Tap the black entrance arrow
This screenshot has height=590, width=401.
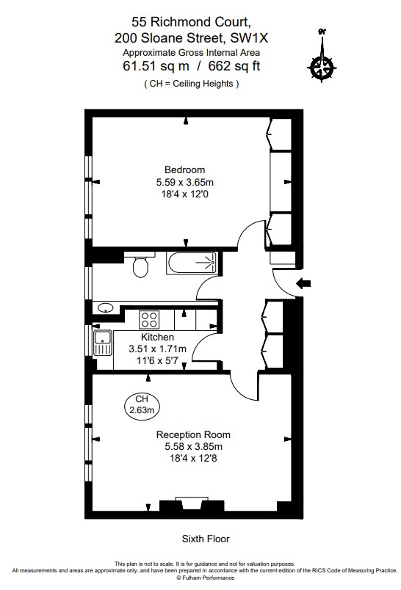pos(304,283)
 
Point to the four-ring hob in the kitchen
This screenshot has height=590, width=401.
pos(150,319)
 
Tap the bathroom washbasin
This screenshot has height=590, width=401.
pos(105,308)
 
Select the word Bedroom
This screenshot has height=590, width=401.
pos(184,170)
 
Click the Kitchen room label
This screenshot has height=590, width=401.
pos(157,337)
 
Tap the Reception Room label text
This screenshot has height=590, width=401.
pos(189,434)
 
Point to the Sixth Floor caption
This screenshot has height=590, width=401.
pos(205,538)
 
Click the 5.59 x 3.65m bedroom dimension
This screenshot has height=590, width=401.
pos(184,182)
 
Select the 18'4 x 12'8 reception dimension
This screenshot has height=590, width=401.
pos(189,457)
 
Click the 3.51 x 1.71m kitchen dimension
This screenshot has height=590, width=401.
pos(157,349)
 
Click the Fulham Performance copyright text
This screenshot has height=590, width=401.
pos(200,578)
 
